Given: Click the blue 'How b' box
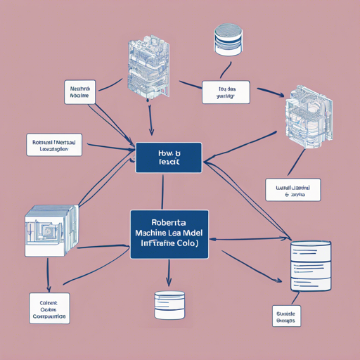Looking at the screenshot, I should click(169, 157).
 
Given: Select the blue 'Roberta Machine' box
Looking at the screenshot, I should click(169, 234).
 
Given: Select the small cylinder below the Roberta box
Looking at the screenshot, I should click(169, 303).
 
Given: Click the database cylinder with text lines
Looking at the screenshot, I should click(310, 265).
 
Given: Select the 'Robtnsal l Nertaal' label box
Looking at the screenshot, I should click(54, 145).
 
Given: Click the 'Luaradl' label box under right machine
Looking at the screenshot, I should click(292, 190).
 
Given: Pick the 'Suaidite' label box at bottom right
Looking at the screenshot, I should click(286, 315).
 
